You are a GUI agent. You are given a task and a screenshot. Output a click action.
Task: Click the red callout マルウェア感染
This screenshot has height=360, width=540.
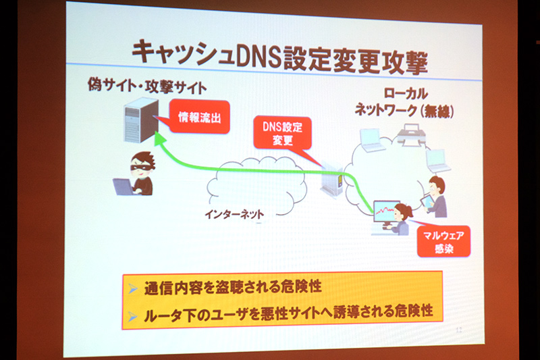443,241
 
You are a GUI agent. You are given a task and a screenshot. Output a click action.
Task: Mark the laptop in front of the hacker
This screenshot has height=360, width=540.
124,186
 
